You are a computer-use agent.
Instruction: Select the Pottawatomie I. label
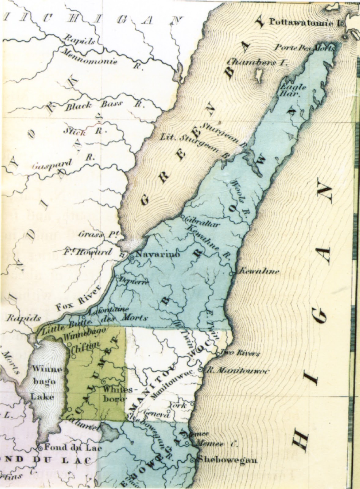click(x=306, y=22)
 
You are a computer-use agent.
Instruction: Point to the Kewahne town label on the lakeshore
click(x=258, y=271)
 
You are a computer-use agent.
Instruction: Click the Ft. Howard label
click(x=88, y=252)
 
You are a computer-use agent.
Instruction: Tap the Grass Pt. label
click(x=100, y=235)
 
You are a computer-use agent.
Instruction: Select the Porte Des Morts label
click(x=306, y=47)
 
